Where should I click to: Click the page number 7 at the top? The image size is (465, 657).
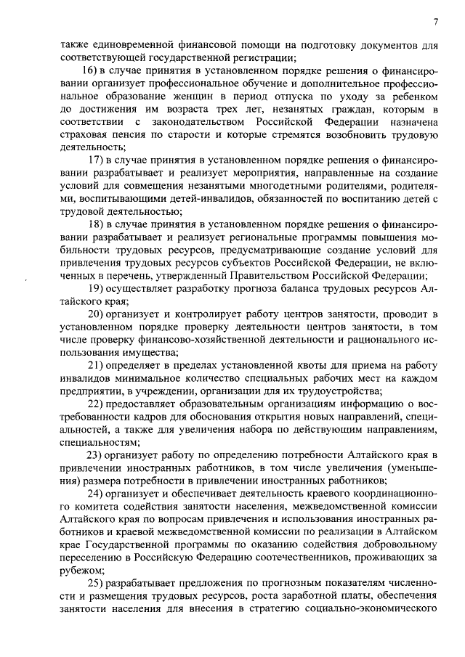(434, 20)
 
